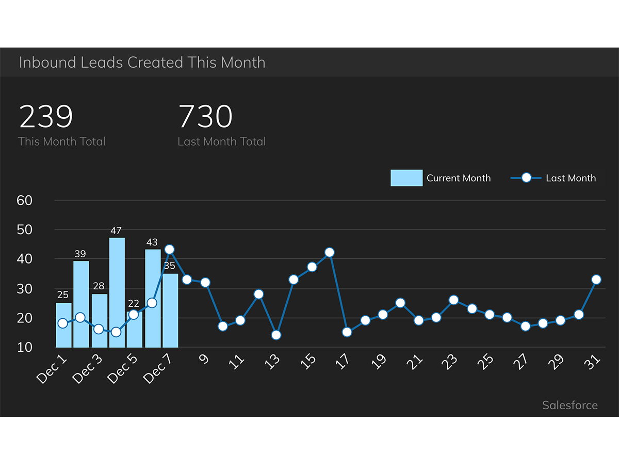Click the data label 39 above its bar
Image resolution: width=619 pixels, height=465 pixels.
pyautogui.click(x=80, y=254)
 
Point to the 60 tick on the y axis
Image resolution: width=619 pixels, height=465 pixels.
pyautogui.click(x=25, y=200)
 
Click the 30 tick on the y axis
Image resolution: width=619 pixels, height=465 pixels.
pyautogui.click(x=25, y=289)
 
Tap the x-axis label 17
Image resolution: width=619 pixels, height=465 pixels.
pyautogui.click(x=343, y=361)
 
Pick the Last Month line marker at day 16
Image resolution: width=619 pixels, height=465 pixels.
pyautogui.click(x=330, y=253)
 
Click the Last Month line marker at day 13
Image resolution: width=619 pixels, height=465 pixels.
pyautogui.click(x=276, y=335)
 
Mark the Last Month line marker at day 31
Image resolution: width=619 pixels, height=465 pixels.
pyautogui.click(x=596, y=280)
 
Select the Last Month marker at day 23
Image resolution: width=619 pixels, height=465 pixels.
pyautogui.click(x=453, y=300)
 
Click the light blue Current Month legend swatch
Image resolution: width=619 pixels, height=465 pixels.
pyautogui.click(x=406, y=178)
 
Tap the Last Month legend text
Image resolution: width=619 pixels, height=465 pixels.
pyautogui.click(x=571, y=178)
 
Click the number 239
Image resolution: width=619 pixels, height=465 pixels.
pyautogui.click(x=46, y=117)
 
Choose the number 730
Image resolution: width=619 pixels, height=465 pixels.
pyautogui.click(x=205, y=117)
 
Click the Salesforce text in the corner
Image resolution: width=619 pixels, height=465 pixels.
pyautogui.click(x=569, y=406)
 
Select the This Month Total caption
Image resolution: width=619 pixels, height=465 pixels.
pyautogui.click(x=61, y=142)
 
